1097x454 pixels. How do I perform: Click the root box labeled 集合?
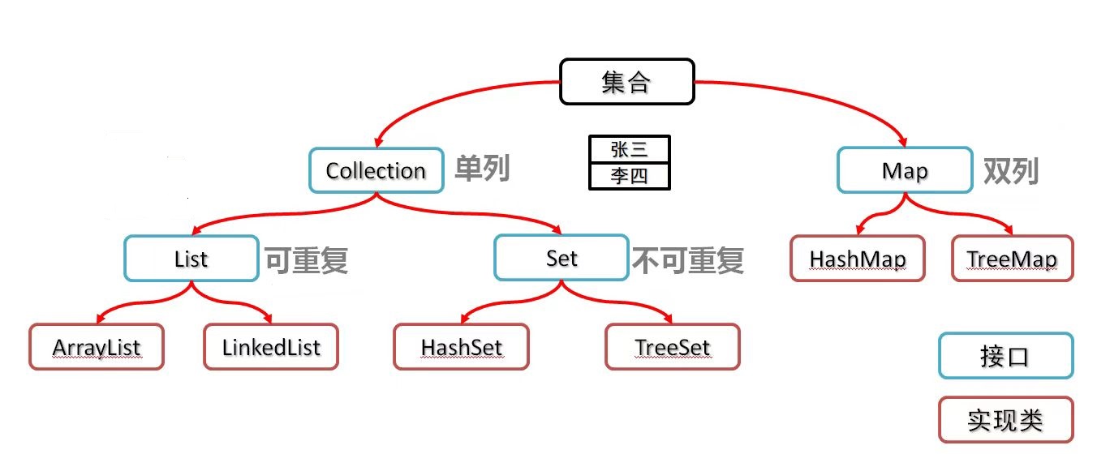click(627, 82)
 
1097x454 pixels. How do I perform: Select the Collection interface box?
click(376, 170)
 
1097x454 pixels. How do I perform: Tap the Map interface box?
click(905, 170)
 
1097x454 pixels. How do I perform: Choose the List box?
click(191, 259)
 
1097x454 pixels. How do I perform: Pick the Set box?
click(561, 258)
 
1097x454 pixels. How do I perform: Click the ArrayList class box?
click(97, 347)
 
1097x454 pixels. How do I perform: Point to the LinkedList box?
click(270, 347)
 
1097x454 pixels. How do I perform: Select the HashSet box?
click(461, 347)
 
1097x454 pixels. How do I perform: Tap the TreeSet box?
click(672, 347)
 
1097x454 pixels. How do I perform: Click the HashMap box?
click(857, 259)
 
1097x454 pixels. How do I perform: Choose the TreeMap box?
click(1012, 259)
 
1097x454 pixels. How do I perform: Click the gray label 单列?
click(482, 169)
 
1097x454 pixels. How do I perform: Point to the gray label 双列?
click(1011, 170)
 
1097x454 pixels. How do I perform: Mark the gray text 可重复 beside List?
click(306, 259)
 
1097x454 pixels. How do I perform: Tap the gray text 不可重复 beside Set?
click(687, 259)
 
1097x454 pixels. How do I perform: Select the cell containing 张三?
click(630, 149)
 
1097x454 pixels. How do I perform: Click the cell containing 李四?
click(630, 176)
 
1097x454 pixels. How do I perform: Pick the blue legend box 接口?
click(1005, 356)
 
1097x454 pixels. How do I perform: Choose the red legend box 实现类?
click(1005, 419)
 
